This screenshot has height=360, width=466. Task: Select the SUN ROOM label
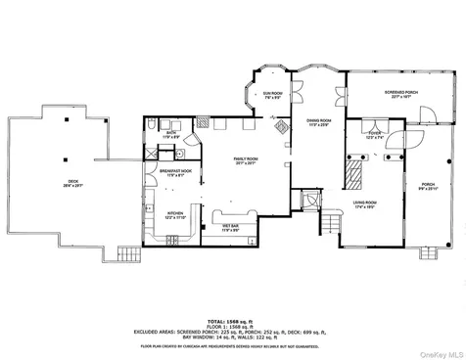271,95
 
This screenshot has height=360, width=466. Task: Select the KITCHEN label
174,213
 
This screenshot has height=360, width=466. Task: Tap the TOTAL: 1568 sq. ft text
232,320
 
